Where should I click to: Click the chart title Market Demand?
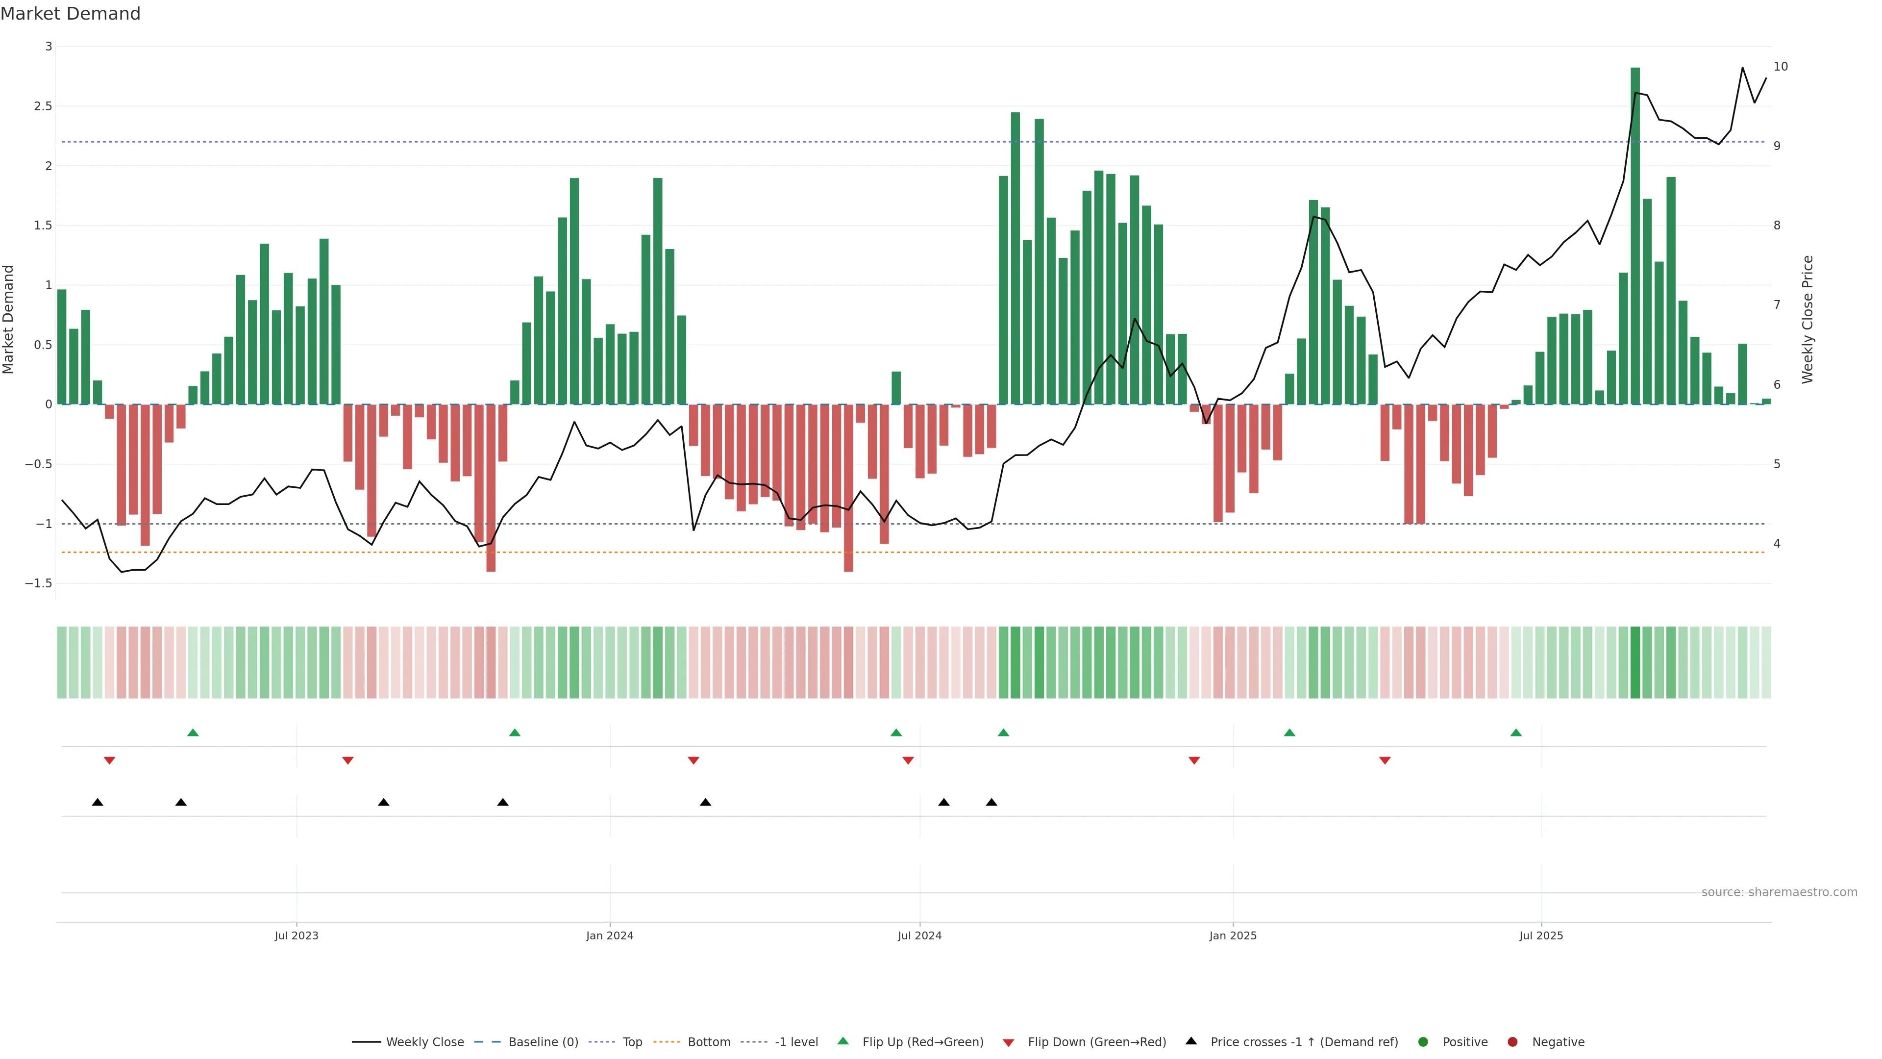(70, 14)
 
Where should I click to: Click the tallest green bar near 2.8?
(1635, 234)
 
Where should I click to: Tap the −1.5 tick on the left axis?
(39, 583)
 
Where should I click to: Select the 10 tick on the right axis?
(1781, 67)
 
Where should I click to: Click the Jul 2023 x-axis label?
(296, 935)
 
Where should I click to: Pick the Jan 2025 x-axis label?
(1233, 935)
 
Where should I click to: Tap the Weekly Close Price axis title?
(1808, 319)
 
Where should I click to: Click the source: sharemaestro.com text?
(1779, 892)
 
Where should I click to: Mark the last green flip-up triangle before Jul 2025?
(1516, 732)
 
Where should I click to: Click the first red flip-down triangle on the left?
(110, 761)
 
